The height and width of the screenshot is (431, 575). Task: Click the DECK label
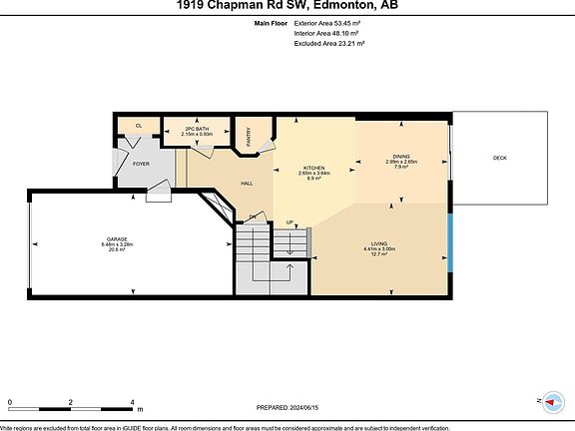[499, 159]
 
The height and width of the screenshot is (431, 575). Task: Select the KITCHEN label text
[315, 167]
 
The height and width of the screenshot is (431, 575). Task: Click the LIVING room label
[379, 243]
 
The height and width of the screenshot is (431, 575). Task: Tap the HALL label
[247, 183]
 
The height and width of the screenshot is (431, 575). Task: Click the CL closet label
[138, 126]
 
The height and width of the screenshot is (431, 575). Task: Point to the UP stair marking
[289, 221]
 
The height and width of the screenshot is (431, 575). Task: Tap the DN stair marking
[254, 216]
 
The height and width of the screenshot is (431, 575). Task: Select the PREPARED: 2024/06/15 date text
[290, 406]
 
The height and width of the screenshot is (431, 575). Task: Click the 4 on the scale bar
[133, 402]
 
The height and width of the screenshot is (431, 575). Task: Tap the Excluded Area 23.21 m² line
[328, 44]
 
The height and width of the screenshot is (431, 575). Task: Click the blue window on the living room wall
[450, 234]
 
